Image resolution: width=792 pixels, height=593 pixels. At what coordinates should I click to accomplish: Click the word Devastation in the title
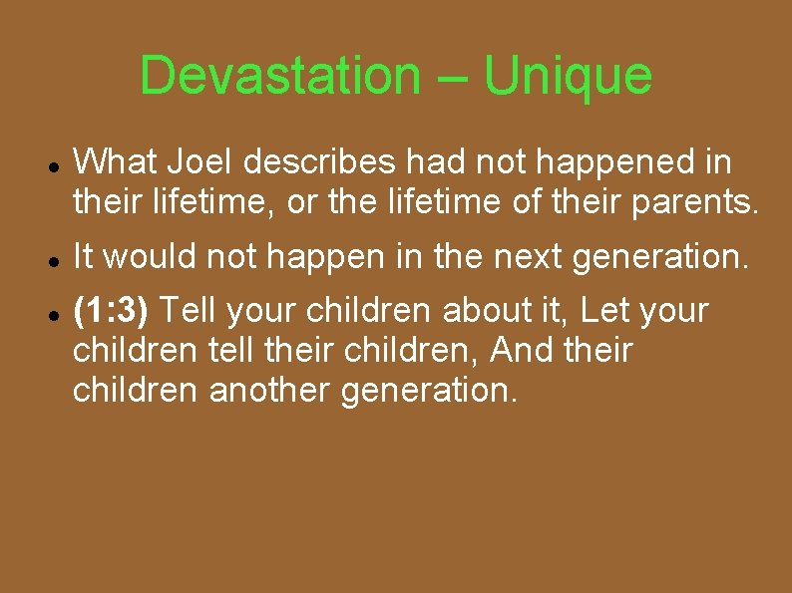280,76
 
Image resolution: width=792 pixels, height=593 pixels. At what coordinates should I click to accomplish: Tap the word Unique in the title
569,76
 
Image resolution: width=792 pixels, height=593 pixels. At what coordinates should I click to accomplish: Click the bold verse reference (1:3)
112,311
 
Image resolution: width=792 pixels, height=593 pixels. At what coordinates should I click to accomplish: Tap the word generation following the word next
657,257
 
